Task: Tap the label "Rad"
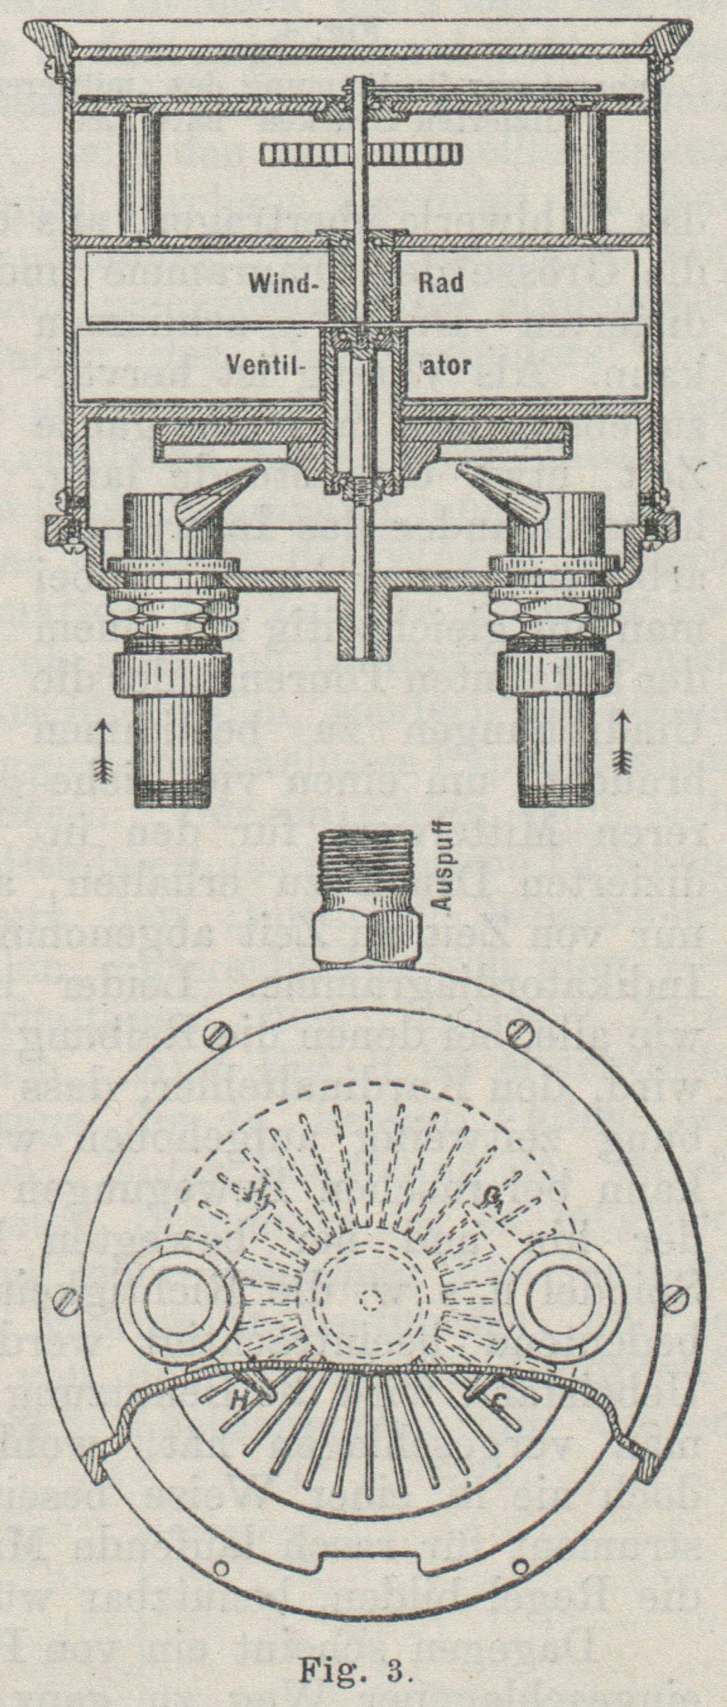click(x=441, y=284)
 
